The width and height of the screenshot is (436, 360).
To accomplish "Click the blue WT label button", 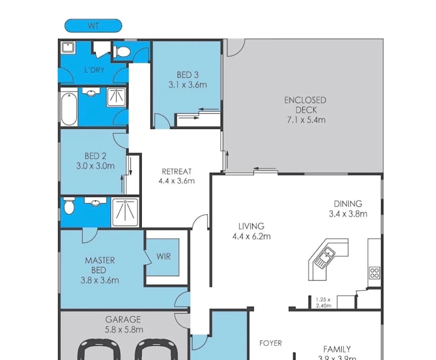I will [x=93, y=25].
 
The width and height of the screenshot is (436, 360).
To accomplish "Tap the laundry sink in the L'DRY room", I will [x=68, y=48].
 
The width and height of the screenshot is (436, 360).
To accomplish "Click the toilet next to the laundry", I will [x=122, y=52].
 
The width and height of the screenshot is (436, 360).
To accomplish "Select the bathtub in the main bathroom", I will [x=68, y=107].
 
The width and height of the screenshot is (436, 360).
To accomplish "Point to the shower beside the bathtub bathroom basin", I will [x=116, y=98].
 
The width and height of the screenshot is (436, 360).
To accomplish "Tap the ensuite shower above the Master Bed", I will [x=125, y=212].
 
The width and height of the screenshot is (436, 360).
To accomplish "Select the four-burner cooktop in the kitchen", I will [x=374, y=273].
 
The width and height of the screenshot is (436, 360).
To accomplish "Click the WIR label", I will [x=163, y=257].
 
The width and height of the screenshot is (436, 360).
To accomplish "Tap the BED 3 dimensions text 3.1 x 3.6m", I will [x=187, y=84].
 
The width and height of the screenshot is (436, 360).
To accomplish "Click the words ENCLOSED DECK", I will [x=305, y=105].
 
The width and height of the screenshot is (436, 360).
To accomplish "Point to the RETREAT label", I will [x=176, y=172].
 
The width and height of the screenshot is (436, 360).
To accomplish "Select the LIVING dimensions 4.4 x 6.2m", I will [x=251, y=236].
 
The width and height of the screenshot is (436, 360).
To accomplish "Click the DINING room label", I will [x=348, y=204].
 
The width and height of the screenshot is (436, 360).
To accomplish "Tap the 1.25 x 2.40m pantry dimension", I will [x=323, y=302].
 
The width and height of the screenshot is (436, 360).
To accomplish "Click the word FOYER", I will [x=271, y=343].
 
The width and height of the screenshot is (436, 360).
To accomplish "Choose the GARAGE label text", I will [x=123, y=319].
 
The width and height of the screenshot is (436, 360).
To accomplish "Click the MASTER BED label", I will [x=100, y=265].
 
